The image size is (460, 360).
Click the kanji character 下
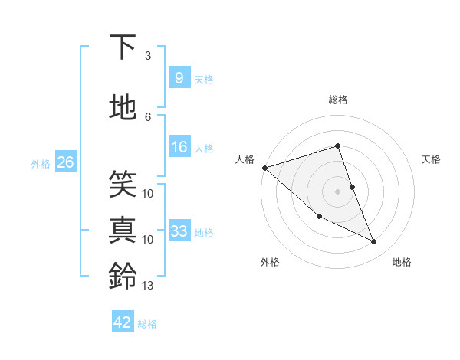click(x=123, y=47)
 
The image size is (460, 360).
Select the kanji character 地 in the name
click(x=123, y=108)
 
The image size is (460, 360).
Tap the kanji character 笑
click(x=123, y=182)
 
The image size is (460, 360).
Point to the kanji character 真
click(x=123, y=230)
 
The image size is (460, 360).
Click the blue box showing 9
click(x=179, y=77)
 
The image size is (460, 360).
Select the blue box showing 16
click(x=179, y=147)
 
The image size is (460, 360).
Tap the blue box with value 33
click(x=179, y=231)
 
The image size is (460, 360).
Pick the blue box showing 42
click(x=123, y=322)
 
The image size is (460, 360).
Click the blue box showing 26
click(x=65, y=162)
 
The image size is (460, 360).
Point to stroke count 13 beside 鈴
click(x=148, y=286)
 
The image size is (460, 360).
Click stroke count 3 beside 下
click(x=148, y=56)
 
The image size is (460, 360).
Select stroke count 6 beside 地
click(x=148, y=116)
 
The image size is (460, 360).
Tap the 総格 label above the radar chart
click(x=337, y=100)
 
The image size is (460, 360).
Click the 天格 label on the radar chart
click(x=431, y=159)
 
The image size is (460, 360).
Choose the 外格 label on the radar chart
click(x=270, y=263)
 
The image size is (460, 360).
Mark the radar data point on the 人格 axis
click(x=264, y=168)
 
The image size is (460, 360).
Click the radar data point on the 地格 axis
click(x=374, y=242)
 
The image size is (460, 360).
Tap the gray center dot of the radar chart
click(x=337, y=191)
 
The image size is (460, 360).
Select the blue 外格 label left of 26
click(x=41, y=163)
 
